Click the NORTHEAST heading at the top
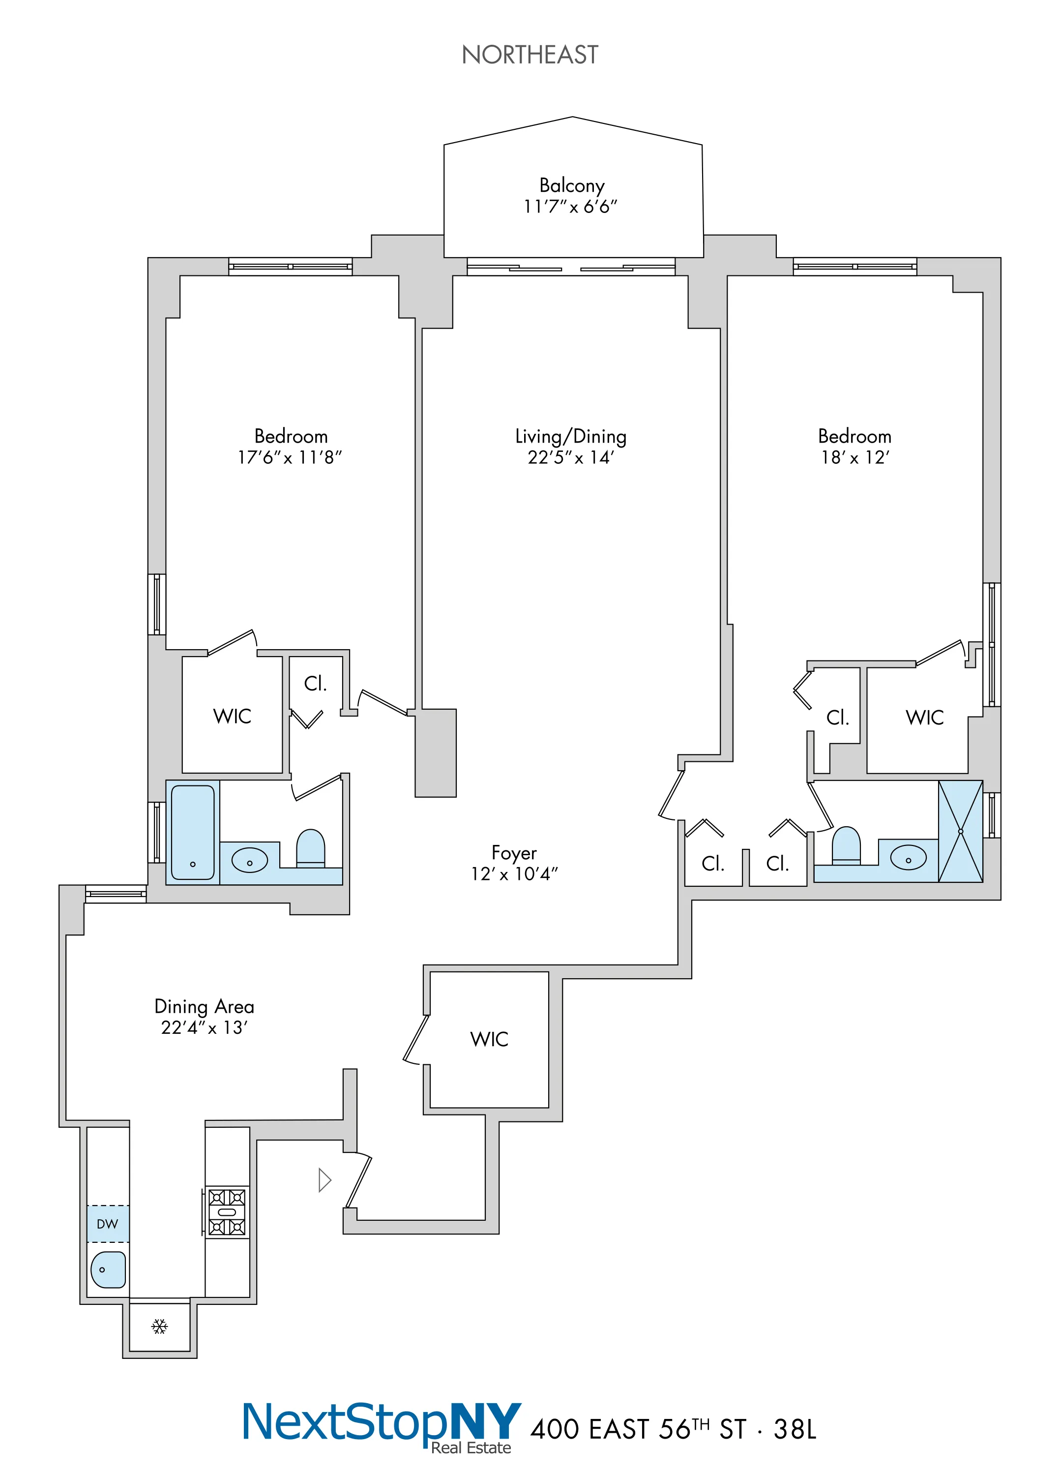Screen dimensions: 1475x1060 tap(530, 55)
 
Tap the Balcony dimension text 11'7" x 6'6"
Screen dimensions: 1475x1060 tap(570, 207)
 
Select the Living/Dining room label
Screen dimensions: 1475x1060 tap(570, 436)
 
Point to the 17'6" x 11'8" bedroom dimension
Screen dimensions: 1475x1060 tap(290, 458)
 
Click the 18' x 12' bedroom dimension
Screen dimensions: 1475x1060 tap(854, 458)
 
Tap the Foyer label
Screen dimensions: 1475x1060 tap(514, 853)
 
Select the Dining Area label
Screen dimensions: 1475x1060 tap(204, 1007)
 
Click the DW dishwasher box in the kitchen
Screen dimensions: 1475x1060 tap(108, 1224)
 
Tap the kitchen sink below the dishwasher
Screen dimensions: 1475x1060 tap(109, 1269)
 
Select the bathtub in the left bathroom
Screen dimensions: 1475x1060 tap(193, 833)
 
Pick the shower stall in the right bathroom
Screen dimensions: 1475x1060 tap(960, 831)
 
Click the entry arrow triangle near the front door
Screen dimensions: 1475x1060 tap(324, 1180)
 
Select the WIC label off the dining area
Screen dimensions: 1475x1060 tap(489, 1039)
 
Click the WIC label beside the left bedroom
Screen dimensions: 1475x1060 tap(232, 717)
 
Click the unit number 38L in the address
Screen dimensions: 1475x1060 tap(795, 1429)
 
